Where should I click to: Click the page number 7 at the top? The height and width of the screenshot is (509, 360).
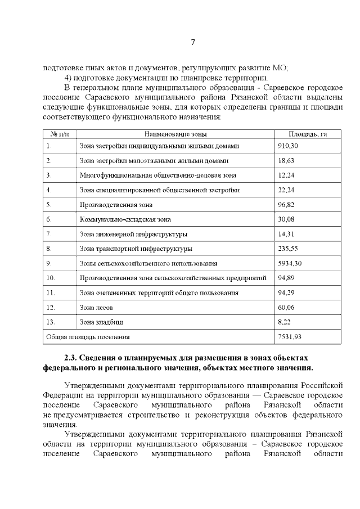(x=193, y=42)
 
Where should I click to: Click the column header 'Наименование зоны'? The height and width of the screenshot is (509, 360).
(x=175, y=134)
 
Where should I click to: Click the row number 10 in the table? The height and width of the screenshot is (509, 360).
(x=51, y=278)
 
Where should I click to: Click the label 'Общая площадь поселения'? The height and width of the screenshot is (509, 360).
(x=88, y=336)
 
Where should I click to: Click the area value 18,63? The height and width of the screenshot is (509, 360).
(x=286, y=160)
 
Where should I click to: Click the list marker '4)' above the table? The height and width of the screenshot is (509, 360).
(x=69, y=78)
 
